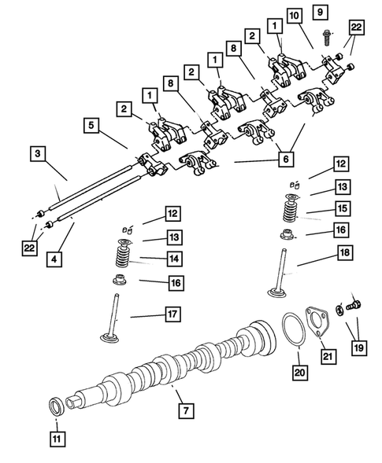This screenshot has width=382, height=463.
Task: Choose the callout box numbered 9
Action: (x=319, y=12)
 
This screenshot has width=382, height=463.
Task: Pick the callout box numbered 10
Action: (x=294, y=15)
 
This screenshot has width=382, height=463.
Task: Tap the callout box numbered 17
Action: (x=172, y=314)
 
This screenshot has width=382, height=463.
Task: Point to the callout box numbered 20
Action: (x=299, y=370)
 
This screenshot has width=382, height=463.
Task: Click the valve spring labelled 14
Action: (x=126, y=256)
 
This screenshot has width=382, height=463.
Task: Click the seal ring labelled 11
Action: (x=57, y=406)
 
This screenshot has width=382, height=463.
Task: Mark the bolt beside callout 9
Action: (x=327, y=35)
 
